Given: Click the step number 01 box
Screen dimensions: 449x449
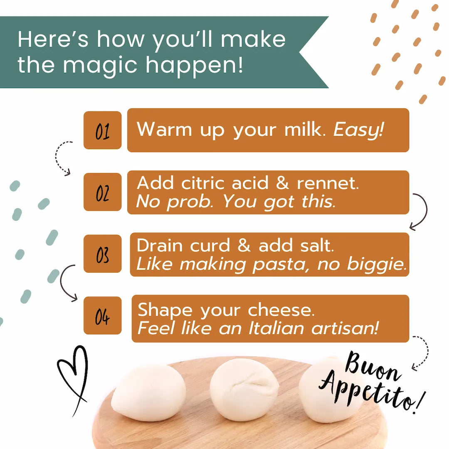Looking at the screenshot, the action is tap(103, 130).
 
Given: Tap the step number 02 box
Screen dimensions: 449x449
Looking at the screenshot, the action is tap(103, 192).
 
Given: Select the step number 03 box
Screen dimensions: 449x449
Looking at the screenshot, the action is tap(103, 254).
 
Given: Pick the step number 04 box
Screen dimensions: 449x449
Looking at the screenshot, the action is tap(103, 316).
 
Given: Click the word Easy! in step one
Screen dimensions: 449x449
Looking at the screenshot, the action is tap(358, 130).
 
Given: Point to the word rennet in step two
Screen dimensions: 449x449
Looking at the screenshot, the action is tap(328, 183).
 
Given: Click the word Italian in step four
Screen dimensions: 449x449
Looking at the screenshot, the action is tap(276, 328).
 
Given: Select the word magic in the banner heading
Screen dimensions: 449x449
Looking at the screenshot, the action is tap(100, 66).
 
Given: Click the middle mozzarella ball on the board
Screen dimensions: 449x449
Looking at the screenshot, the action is tap(244, 390).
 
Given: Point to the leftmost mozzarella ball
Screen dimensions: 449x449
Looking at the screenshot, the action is tap(149, 392).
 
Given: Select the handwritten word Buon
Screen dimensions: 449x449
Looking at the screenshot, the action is tap(371, 366).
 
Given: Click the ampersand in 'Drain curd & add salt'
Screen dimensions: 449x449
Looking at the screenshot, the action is tap(244, 245).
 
